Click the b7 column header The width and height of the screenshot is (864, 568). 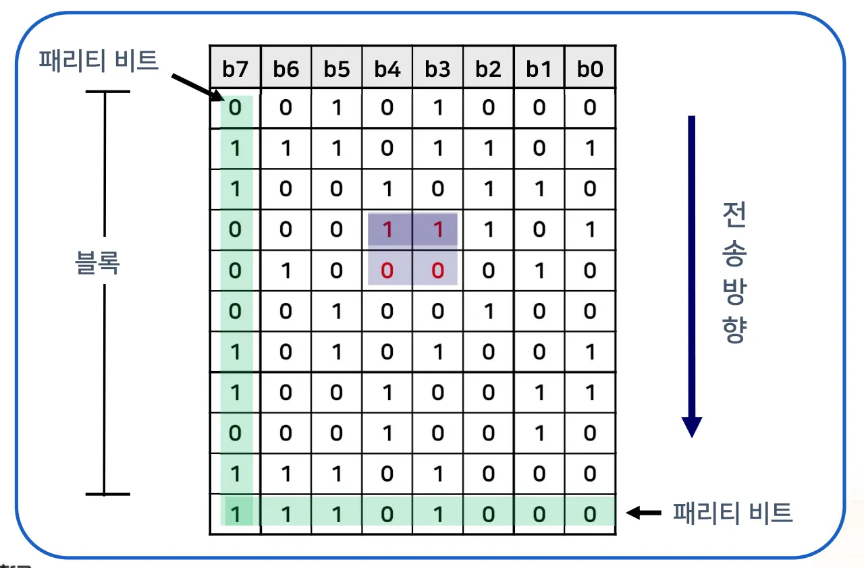(235, 68)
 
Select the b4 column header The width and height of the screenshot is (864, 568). (387, 68)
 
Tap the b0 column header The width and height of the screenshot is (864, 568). (589, 68)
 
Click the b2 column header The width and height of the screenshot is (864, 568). (488, 68)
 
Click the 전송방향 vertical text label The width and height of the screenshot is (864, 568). (735, 273)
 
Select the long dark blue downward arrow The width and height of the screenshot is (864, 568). (691, 277)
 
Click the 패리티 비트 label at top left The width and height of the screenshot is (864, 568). (99, 61)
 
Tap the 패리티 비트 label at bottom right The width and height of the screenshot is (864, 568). (732, 513)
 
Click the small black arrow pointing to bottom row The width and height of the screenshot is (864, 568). (644, 513)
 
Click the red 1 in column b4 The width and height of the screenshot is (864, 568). (387, 229)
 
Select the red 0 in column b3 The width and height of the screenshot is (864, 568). (437, 271)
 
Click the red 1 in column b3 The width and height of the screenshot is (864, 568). (437, 229)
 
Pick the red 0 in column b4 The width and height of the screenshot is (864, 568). (387, 271)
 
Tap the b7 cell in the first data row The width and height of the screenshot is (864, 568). (235, 108)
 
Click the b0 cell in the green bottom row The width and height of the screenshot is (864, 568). (589, 515)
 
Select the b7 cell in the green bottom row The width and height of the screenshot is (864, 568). (235, 515)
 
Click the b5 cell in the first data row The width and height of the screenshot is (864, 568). (336, 108)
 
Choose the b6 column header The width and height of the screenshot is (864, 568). (286, 68)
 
